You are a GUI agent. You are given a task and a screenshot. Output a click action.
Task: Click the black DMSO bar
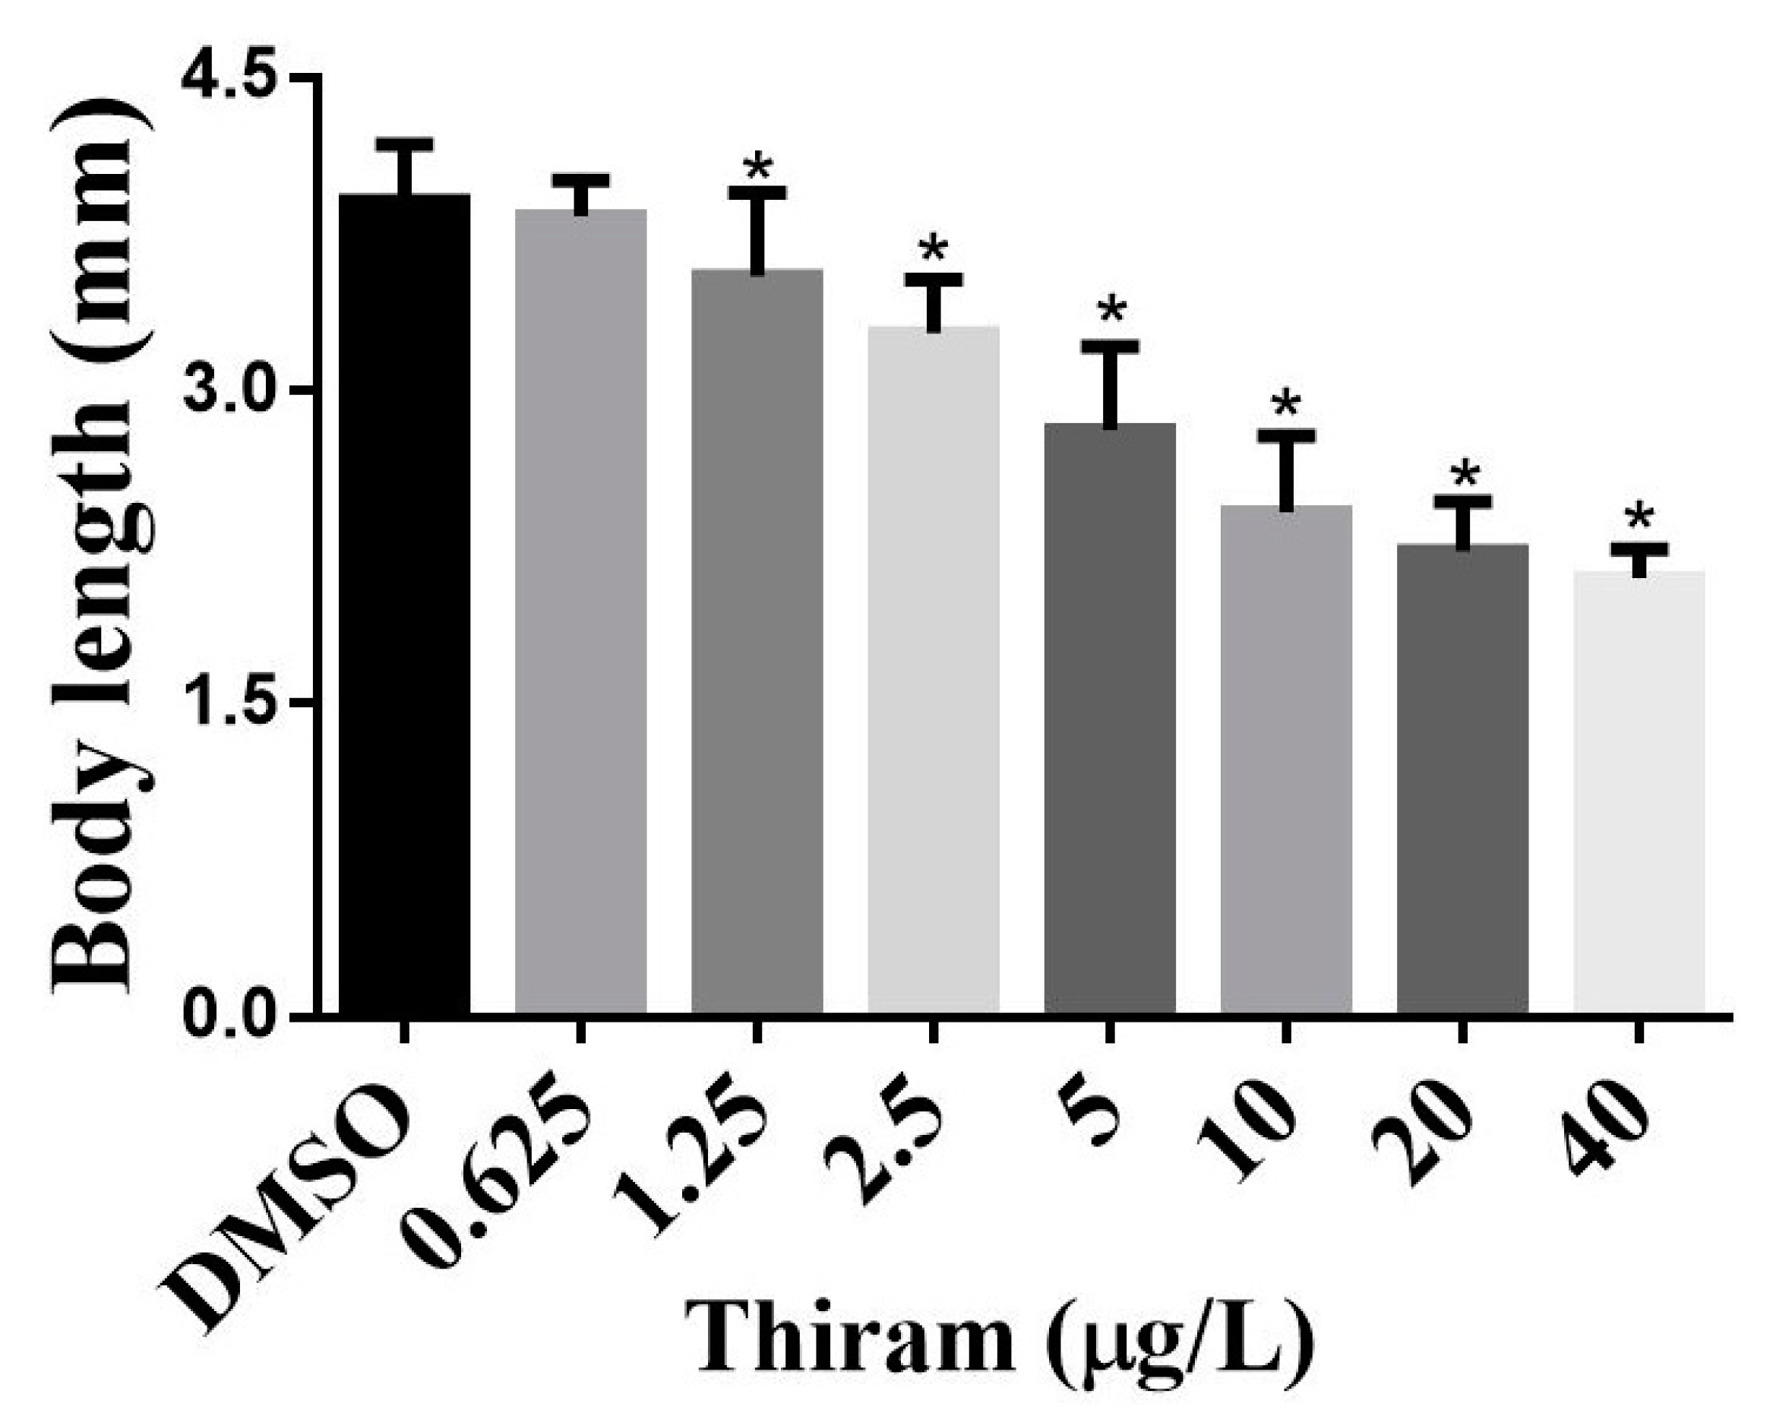(x=404, y=605)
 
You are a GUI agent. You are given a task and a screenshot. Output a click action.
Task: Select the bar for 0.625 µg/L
(x=580, y=612)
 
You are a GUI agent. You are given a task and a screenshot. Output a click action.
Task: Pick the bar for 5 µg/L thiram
(x=1109, y=719)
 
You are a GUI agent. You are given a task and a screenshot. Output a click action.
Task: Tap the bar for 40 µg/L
(x=1639, y=794)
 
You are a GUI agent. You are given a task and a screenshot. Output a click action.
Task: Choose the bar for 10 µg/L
(x=1286, y=760)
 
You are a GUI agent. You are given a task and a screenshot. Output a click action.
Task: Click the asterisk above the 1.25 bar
(x=757, y=167)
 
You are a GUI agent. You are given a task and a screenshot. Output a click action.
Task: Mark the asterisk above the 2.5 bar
(x=934, y=248)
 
